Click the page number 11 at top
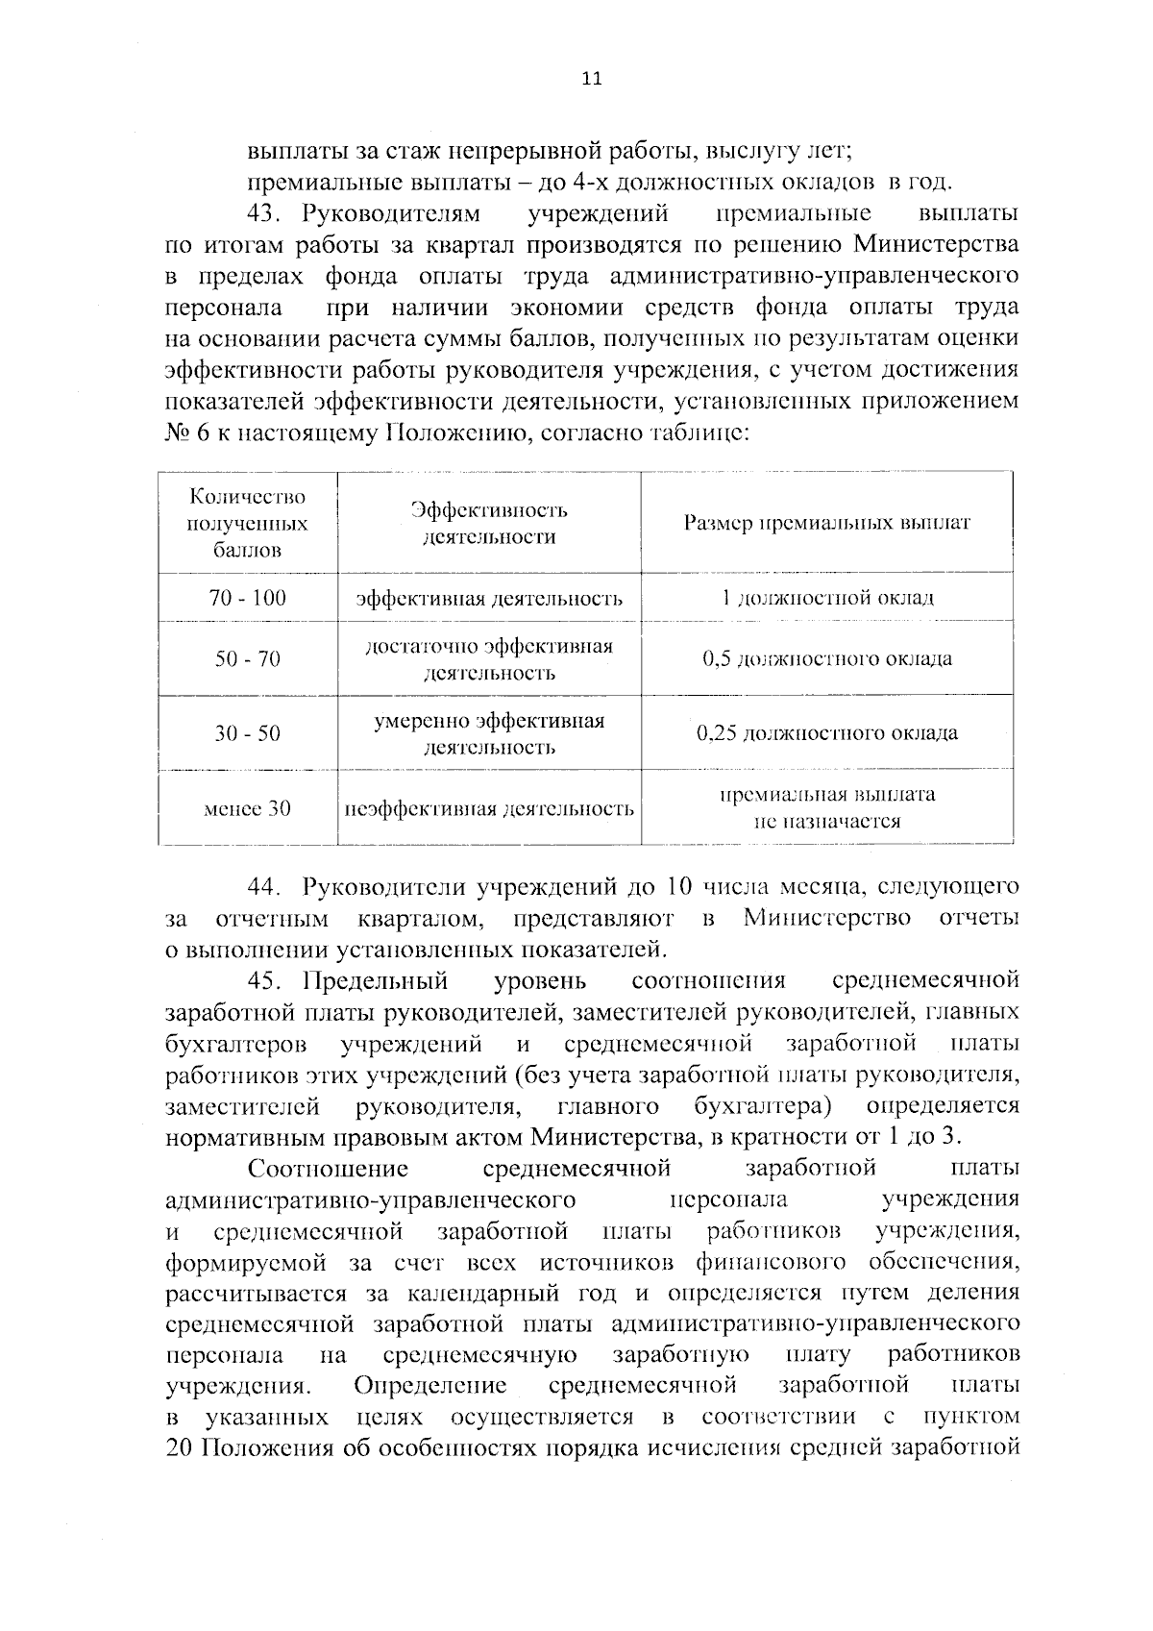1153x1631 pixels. [591, 80]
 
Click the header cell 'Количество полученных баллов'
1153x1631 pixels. [247, 524]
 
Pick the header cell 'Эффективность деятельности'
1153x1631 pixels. [489, 524]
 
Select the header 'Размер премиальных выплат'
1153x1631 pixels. [826, 524]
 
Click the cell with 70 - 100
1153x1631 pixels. [247, 599]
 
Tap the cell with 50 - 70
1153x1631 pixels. [247, 659]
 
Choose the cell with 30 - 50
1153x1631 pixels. [247, 734]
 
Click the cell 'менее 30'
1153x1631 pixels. [247, 809]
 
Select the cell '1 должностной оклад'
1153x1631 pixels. [826, 599]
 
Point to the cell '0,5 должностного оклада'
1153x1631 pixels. [826, 659]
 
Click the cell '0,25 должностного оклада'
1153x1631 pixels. [826, 734]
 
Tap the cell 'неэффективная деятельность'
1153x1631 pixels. [489, 809]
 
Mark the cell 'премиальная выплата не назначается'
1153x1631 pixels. [826, 808]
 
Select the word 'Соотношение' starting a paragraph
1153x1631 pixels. [328, 1170]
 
